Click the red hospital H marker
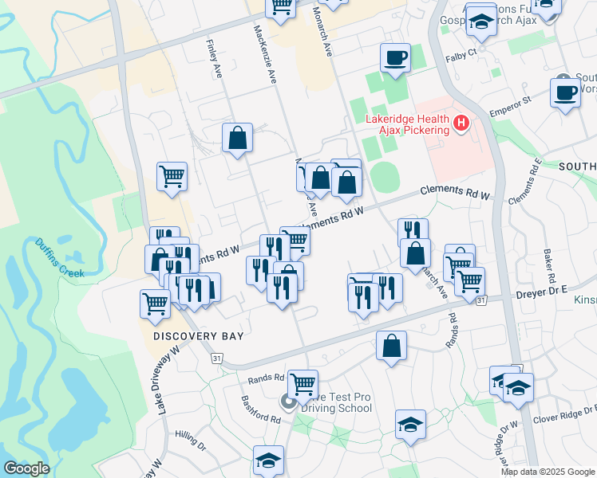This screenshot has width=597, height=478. (x=461, y=123)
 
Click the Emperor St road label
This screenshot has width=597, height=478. (x=511, y=108)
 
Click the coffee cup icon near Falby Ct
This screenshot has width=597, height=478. (x=395, y=57)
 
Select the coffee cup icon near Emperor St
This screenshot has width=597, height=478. (x=565, y=92)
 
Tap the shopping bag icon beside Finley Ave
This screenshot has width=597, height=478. (x=237, y=138)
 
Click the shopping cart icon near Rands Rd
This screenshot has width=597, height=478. (x=302, y=384)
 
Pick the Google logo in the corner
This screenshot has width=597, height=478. (x=26, y=468)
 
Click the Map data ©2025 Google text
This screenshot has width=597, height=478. (x=548, y=472)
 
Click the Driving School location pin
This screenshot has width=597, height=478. (x=287, y=402)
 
